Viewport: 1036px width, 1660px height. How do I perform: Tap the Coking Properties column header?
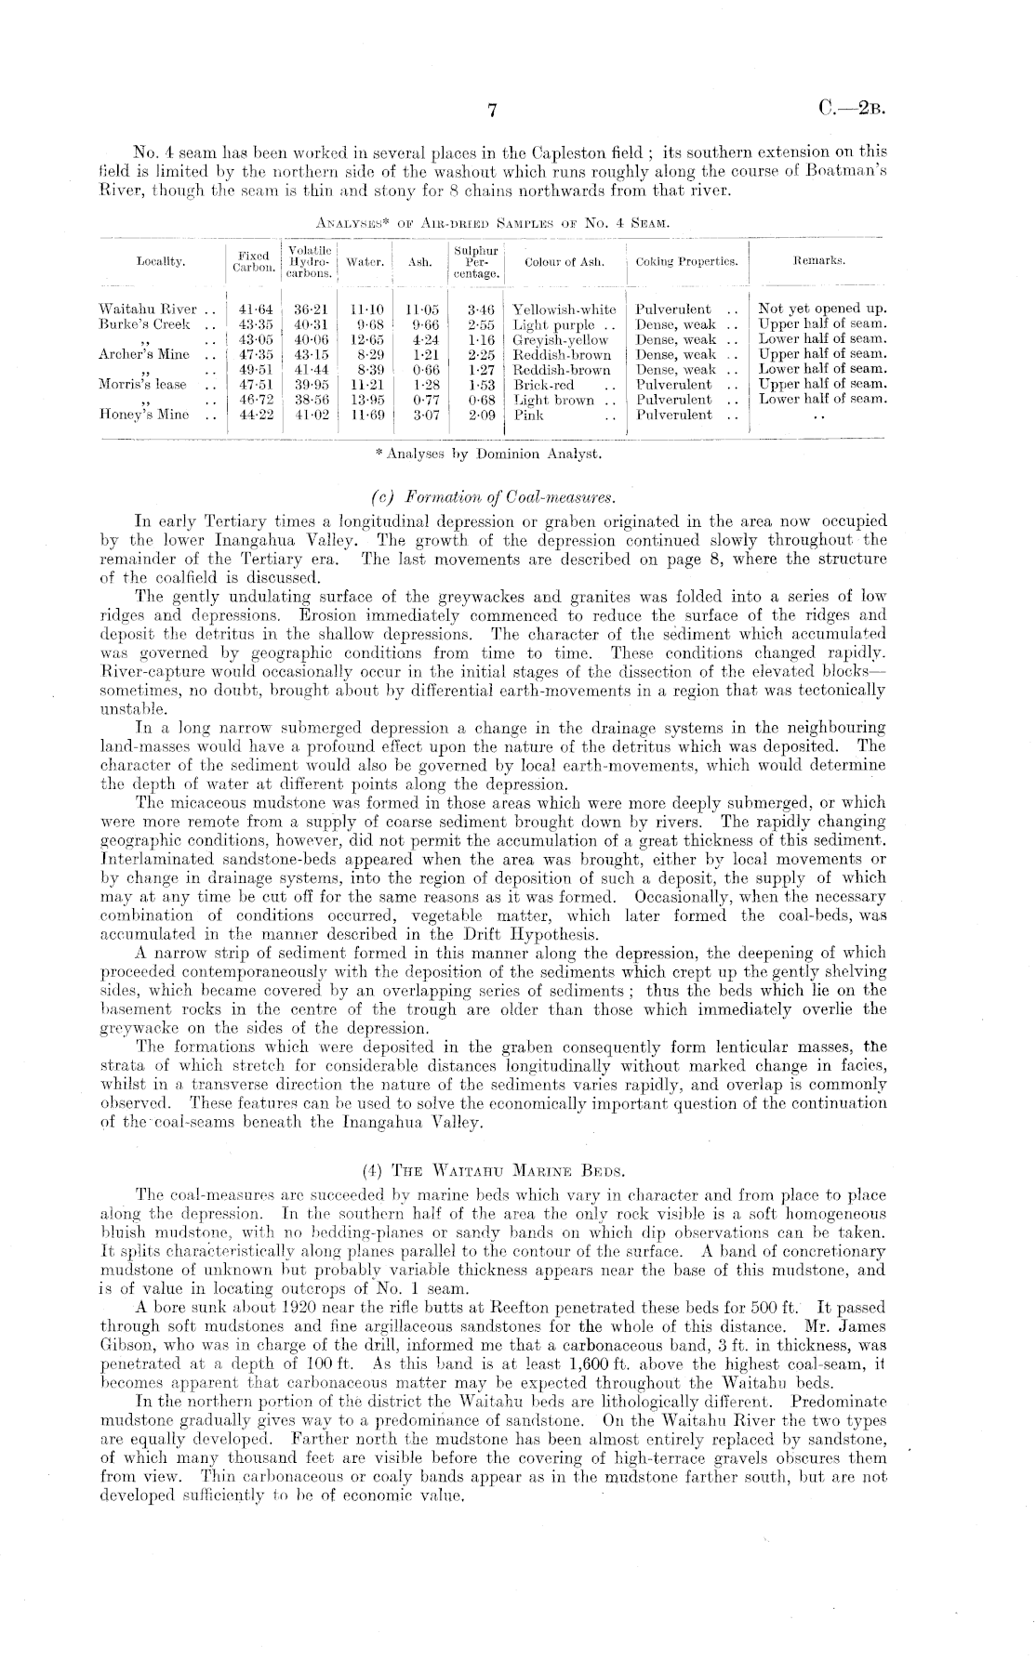[x=686, y=262]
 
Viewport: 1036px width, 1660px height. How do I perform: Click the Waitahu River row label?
[x=147, y=309]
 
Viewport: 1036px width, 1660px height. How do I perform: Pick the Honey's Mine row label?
[x=144, y=415]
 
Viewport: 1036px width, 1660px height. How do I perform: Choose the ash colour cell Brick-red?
[x=544, y=385]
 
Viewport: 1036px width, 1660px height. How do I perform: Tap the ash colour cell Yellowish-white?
[x=564, y=309]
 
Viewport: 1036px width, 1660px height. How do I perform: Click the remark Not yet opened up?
[x=823, y=309]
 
